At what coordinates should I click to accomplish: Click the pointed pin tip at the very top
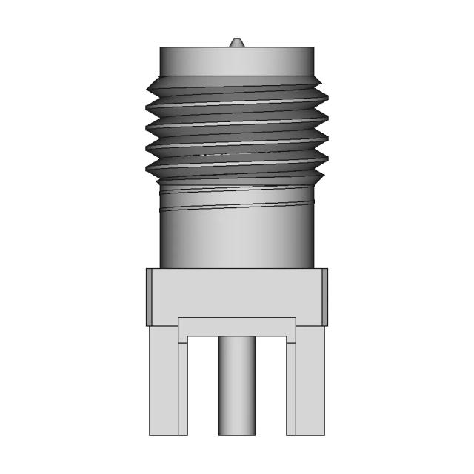[236, 41]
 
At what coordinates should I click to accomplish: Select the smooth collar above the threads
[236, 60]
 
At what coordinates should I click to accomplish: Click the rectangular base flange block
[236, 293]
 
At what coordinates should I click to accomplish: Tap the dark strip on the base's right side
[324, 297]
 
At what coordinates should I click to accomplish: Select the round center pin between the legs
[236, 385]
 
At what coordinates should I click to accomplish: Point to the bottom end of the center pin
[236, 432]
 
